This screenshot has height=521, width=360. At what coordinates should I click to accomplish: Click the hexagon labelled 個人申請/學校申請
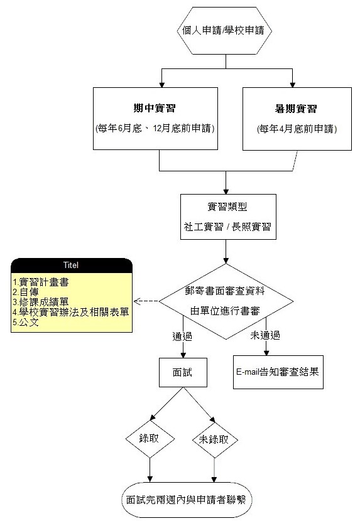click(x=224, y=31)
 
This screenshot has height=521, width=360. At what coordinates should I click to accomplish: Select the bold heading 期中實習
click(x=155, y=109)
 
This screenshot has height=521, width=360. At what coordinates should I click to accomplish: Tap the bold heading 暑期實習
click(x=296, y=109)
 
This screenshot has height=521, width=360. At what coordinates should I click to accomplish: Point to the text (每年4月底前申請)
click(x=297, y=129)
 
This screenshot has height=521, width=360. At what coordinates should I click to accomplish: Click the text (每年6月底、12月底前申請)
click(x=155, y=128)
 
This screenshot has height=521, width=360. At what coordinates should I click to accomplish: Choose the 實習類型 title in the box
click(x=227, y=207)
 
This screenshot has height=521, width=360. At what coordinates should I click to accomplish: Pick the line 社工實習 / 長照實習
click(x=227, y=227)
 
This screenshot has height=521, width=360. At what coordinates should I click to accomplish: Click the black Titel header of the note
click(x=72, y=265)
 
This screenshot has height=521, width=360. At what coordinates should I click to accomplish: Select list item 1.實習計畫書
click(x=41, y=282)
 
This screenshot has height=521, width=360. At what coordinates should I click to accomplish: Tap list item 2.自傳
click(x=26, y=292)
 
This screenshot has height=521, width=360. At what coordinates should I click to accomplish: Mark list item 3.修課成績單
click(x=41, y=302)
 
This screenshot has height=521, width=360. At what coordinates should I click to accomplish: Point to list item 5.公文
click(x=26, y=322)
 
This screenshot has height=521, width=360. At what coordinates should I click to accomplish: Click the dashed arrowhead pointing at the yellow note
click(x=137, y=301)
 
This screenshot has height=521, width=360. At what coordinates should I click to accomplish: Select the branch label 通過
click(x=182, y=336)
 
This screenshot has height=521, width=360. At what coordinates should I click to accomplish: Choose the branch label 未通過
click(x=265, y=335)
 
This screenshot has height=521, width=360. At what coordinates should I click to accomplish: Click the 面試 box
click(x=183, y=372)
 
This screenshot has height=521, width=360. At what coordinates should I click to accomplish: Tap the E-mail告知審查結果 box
click(x=278, y=372)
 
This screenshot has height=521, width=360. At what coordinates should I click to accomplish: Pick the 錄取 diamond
click(x=150, y=439)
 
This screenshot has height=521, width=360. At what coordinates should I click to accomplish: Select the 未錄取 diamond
click(x=215, y=440)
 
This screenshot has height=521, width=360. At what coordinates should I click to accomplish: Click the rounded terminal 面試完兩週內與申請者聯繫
click(x=187, y=500)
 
